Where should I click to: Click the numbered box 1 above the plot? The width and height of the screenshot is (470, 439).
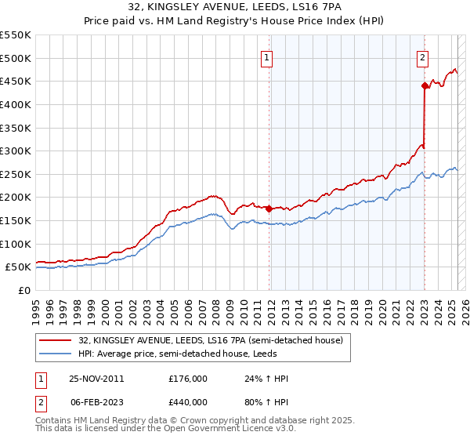coord(267,57)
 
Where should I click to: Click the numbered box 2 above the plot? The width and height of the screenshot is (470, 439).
coord(422,57)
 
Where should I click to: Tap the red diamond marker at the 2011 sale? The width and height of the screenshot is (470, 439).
coord(269,209)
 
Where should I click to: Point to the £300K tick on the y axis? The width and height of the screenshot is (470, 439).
coord(15,151)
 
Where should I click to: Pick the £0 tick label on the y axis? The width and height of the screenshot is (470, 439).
coord(24,290)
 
